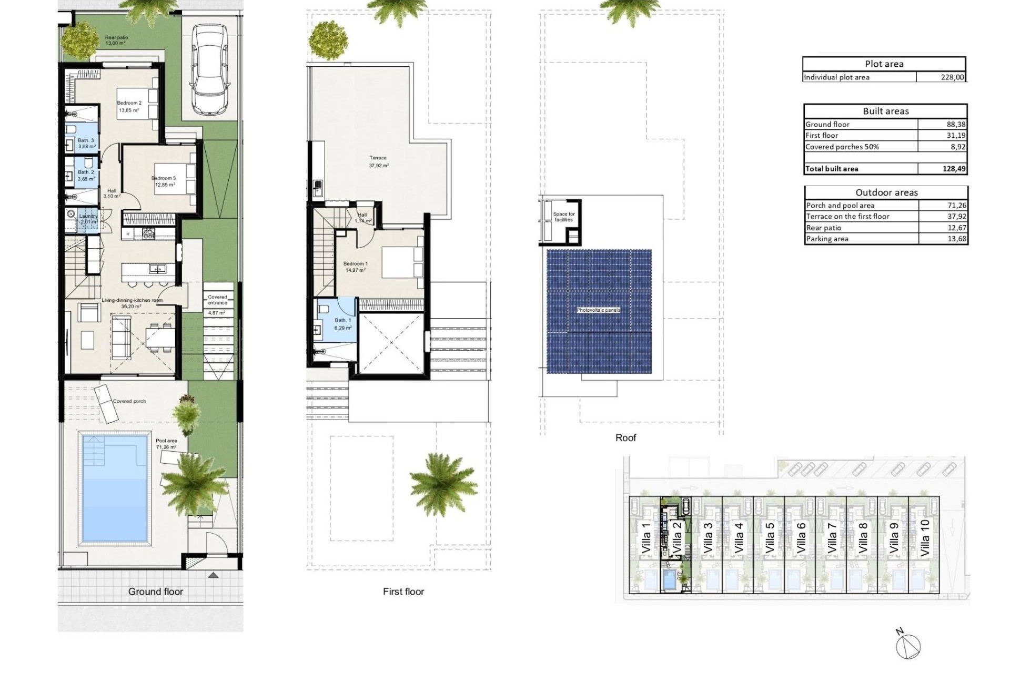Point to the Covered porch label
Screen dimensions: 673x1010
coord(129,401)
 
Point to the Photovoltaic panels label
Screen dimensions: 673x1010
coord(598,310)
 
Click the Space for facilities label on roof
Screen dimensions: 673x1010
coord(564,217)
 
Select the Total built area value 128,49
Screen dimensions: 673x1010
coord(954,169)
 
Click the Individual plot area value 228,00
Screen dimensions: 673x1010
coord(952,77)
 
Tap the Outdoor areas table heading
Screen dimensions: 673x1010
coord(886,192)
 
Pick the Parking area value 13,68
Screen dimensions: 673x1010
coord(956,239)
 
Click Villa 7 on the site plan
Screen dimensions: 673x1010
coord(832,538)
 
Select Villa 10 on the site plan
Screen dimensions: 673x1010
coord(925,538)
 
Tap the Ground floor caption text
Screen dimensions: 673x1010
coord(156,592)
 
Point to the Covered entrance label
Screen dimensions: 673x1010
coord(217,300)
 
